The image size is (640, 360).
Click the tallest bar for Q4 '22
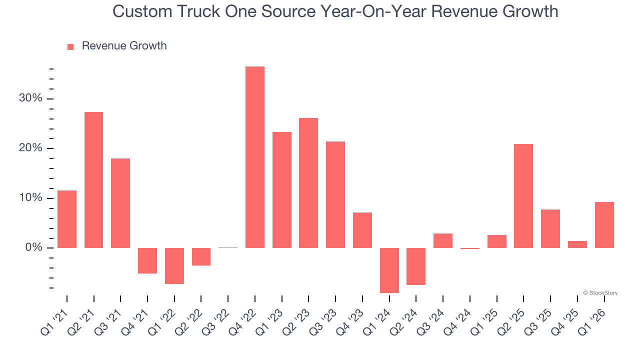click(255, 157)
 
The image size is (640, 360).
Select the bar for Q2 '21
click(93, 180)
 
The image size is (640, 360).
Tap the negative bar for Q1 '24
click(389, 270)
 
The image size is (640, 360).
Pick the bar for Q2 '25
click(523, 196)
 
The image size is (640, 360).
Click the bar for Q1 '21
click(67, 219)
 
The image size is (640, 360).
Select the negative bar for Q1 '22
click(174, 265)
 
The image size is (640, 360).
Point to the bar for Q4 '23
click(362, 230)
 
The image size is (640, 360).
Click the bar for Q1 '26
click(604, 225)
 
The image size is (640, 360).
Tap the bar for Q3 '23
click(335, 194)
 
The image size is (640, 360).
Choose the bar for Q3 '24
click(443, 240)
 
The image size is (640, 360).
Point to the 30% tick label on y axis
click(30, 98)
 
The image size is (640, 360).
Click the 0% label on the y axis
click(33, 248)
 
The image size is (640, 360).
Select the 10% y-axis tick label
click(30, 198)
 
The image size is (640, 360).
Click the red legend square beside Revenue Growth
click(70, 46)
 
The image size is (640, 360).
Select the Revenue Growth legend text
click(124, 46)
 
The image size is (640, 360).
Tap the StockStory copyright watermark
click(600, 293)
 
